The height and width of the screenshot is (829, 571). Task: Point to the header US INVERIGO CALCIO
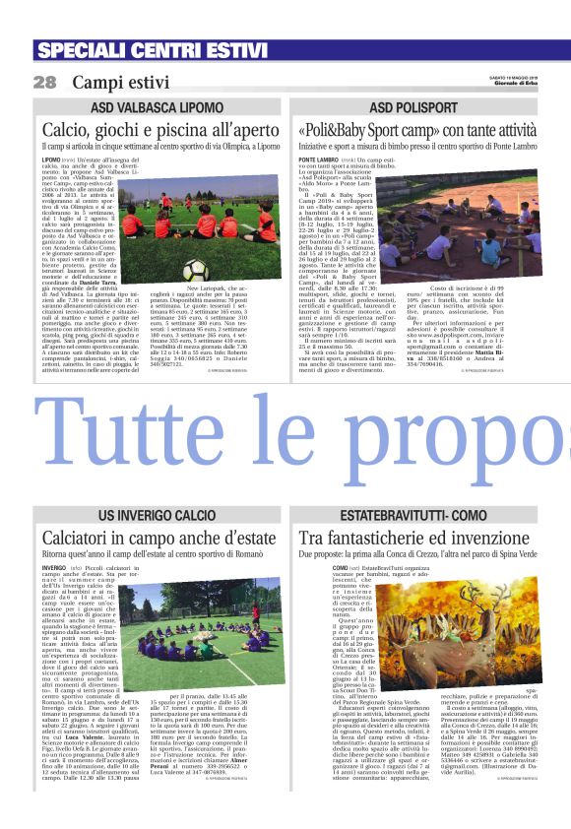[154, 516]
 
